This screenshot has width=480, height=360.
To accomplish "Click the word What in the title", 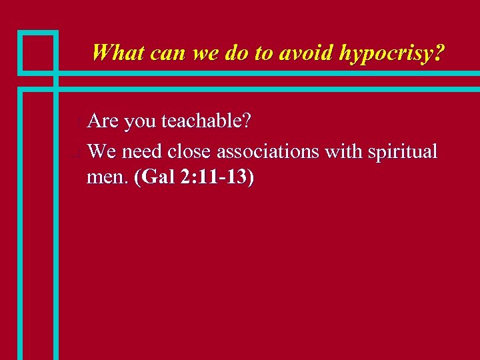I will click(x=119, y=53).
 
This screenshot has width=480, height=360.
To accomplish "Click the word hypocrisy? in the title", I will click(x=391, y=53).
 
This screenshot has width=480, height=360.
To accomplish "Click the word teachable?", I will click(x=206, y=121).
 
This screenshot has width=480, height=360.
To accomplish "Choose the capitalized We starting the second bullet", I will click(x=101, y=151).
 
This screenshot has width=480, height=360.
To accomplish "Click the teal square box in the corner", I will click(x=38, y=52).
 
